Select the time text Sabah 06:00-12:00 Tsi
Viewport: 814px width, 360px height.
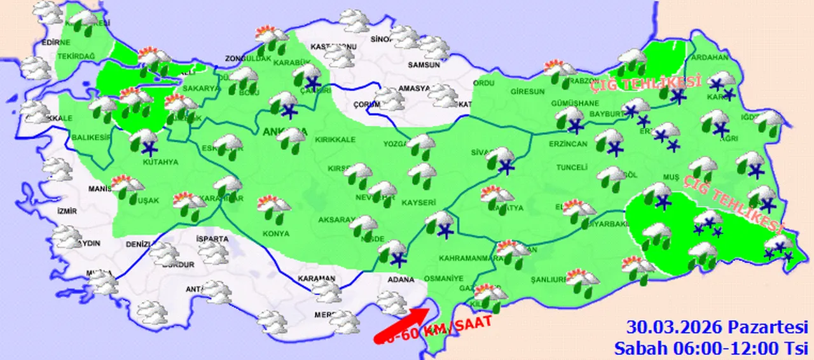click(x=711, y=348)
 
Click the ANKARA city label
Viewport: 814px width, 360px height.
click(x=280, y=132)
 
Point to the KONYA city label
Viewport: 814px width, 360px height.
click(x=275, y=233)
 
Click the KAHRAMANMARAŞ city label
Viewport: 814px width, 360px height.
click(x=467, y=258)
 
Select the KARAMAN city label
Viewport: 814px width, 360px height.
click(x=316, y=279)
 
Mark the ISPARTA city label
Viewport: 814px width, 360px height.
click(x=212, y=239)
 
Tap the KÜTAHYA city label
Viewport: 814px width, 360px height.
click(x=160, y=162)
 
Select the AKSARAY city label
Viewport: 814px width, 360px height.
click(x=335, y=220)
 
